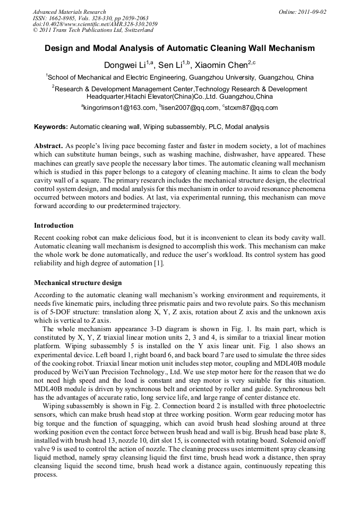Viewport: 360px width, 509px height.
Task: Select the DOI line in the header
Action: coord(95,24)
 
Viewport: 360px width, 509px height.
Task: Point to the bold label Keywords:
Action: coord(51,127)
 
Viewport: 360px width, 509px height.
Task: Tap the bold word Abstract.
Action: coord(48,145)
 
